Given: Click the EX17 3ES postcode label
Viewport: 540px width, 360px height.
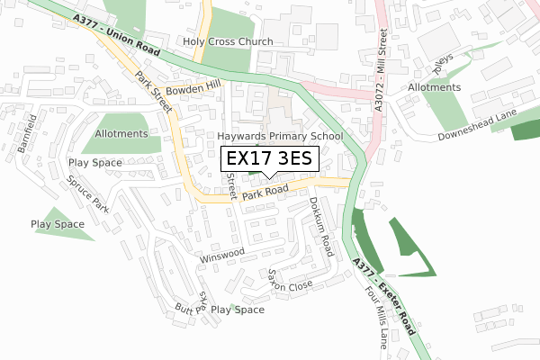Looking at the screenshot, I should pos(270,159).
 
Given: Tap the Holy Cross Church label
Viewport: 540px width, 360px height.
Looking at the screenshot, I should pos(228,42).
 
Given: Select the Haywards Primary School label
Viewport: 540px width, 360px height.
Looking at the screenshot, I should pos(281,137).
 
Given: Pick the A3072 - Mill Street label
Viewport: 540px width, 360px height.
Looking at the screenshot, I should pos(382,67).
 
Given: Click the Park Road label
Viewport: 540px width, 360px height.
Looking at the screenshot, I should pos(265,191).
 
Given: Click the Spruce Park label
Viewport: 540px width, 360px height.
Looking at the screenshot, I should pos(87,193).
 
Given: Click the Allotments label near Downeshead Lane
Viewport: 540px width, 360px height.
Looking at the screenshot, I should pos(434,87).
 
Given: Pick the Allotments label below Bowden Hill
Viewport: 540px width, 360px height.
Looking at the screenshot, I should pos(121,134).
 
